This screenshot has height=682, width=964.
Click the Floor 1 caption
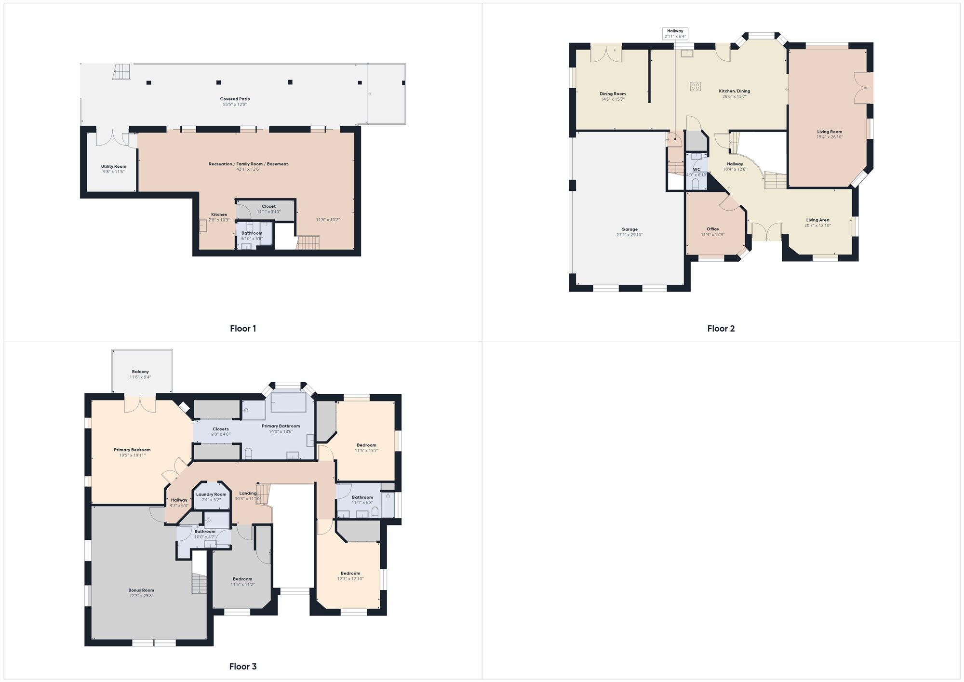pyautogui.click(x=243, y=329)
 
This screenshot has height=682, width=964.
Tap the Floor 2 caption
pyautogui.click(x=721, y=329)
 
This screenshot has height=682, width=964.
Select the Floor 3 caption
pyautogui.click(x=243, y=667)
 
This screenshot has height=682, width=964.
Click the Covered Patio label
pyautogui.click(x=235, y=99)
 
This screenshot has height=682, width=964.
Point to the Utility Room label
pyautogui.click(x=114, y=166)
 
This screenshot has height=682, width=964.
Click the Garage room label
pyautogui.click(x=629, y=229)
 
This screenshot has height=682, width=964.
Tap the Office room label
pyautogui.click(x=713, y=229)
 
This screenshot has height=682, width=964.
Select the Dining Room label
pyautogui.click(x=613, y=94)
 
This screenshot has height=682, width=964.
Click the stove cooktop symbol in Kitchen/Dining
pyautogui.click(x=695, y=87)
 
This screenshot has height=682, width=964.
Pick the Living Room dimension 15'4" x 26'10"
pyautogui.click(x=830, y=137)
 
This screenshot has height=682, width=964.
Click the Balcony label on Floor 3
pyautogui.click(x=140, y=372)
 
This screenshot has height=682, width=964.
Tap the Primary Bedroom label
pyautogui.click(x=132, y=450)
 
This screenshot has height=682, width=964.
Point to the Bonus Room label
pyautogui.click(x=141, y=590)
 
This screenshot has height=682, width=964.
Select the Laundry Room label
pyautogui.click(x=211, y=494)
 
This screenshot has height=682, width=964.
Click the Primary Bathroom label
pyautogui.click(x=281, y=426)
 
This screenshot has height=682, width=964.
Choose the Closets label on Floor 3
pyautogui.click(x=220, y=429)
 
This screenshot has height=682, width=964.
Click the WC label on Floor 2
pyautogui.click(x=696, y=169)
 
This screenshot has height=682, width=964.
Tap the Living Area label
pyautogui.click(x=817, y=220)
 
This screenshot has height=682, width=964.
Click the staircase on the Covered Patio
pyautogui.click(x=121, y=72)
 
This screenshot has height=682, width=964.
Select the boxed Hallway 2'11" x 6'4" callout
pyautogui.click(x=675, y=34)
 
